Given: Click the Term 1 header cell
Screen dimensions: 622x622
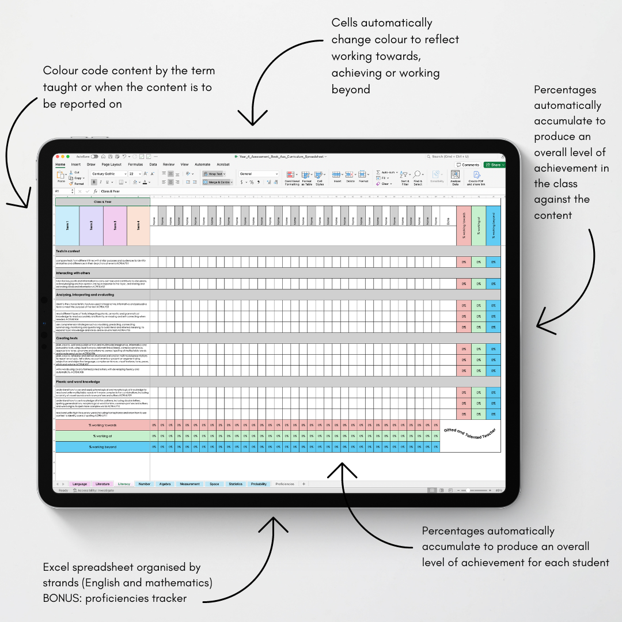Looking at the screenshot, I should tap(67, 225).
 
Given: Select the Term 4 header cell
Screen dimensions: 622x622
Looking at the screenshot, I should tap(138, 225).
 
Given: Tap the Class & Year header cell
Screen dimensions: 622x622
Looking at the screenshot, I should tap(103, 202).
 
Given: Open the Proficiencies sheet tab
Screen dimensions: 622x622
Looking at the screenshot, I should tap(285, 484).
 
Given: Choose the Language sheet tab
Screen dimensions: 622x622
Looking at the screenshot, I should tap(79, 484).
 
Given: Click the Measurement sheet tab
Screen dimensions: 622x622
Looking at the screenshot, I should tap(189, 484).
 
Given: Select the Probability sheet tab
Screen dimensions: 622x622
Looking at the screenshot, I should tap(259, 484).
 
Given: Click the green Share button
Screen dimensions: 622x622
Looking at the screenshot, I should tap(494, 165).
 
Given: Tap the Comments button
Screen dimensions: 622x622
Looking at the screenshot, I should tap(468, 165).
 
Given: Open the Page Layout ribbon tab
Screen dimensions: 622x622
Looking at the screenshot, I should tap(112, 165).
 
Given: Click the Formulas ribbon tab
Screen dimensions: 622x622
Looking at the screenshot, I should tap(135, 165).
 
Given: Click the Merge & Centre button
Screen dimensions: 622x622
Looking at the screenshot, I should tap(218, 182).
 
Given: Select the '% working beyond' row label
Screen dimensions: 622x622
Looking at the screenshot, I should tap(103, 447).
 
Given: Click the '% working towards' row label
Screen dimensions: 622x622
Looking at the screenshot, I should tap(103, 425).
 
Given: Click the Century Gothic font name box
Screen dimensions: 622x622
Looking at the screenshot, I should tap(108, 173).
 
